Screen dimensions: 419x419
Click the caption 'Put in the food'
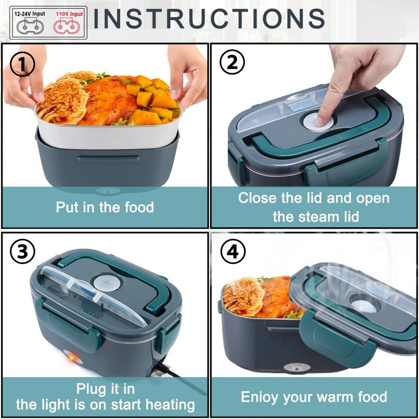tap(105, 207)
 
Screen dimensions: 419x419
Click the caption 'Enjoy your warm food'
tap(314, 396)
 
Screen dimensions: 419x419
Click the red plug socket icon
tap(68, 26)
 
